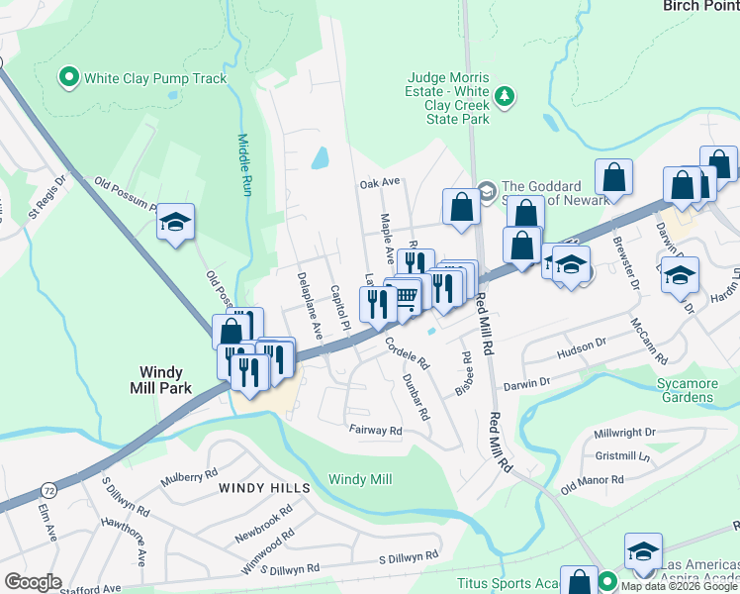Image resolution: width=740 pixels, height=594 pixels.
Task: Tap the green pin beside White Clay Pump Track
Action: point(70,76)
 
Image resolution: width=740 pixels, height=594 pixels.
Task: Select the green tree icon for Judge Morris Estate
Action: point(506,95)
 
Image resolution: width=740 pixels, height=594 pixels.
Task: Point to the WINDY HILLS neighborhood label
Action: point(264,488)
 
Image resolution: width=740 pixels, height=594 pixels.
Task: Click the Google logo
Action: point(33,582)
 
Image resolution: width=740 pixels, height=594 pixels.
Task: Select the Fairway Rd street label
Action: point(375,431)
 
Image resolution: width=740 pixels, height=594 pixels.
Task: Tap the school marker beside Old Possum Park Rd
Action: point(175,223)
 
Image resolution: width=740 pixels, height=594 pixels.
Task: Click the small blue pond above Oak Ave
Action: point(320,157)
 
